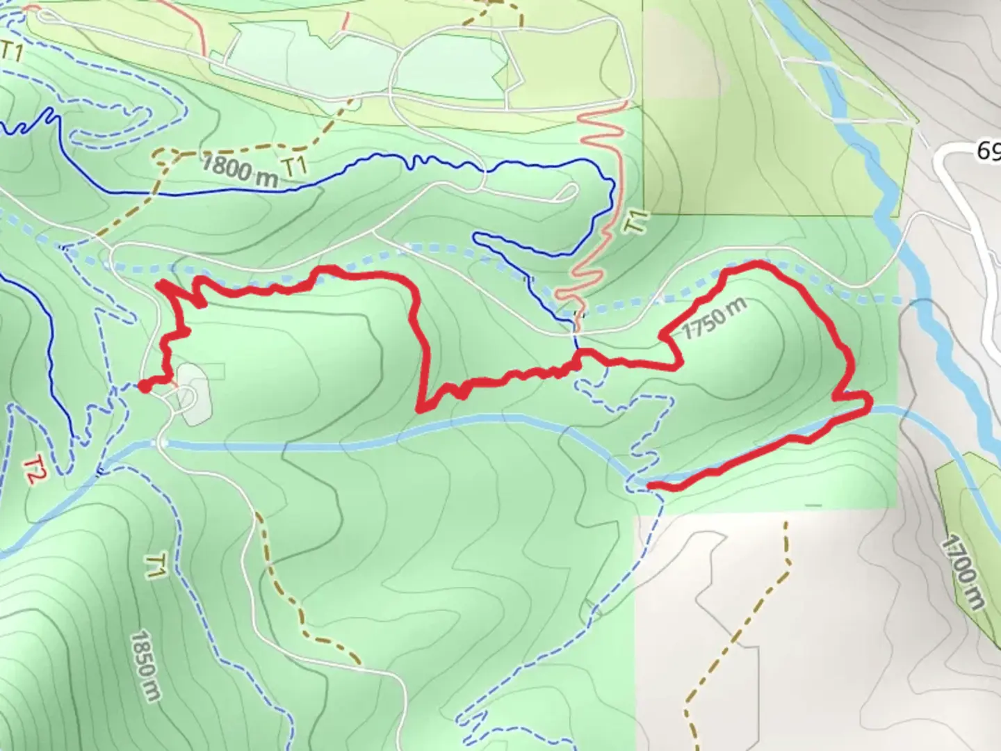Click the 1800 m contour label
(x=239, y=170)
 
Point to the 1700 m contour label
(x=963, y=572)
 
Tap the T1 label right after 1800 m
(x=296, y=167)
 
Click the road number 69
(x=988, y=151)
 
